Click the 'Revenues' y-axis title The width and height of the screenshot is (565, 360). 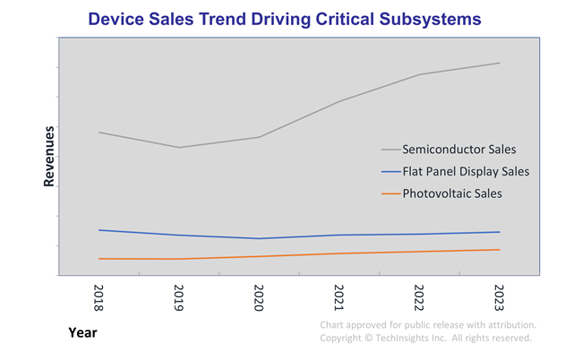click(x=50, y=157)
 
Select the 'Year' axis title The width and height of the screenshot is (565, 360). click(x=82, y=333)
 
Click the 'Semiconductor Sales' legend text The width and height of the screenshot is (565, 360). click(x=459, y=149)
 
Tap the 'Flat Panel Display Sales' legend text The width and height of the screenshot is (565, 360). click(x=466, y=171)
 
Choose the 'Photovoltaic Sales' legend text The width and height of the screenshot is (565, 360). click(x=452, y=193)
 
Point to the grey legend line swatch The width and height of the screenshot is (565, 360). click(x=390, y=150)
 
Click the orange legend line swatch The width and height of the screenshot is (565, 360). click(x=390, y=193)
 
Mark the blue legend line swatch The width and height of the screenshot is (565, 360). click(x=390, y=171)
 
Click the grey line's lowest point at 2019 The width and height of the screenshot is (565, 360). click(x=179, y=148)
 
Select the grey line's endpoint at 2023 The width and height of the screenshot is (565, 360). click(x=500, y=63)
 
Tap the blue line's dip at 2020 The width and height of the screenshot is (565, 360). click(x=260, y=238)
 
